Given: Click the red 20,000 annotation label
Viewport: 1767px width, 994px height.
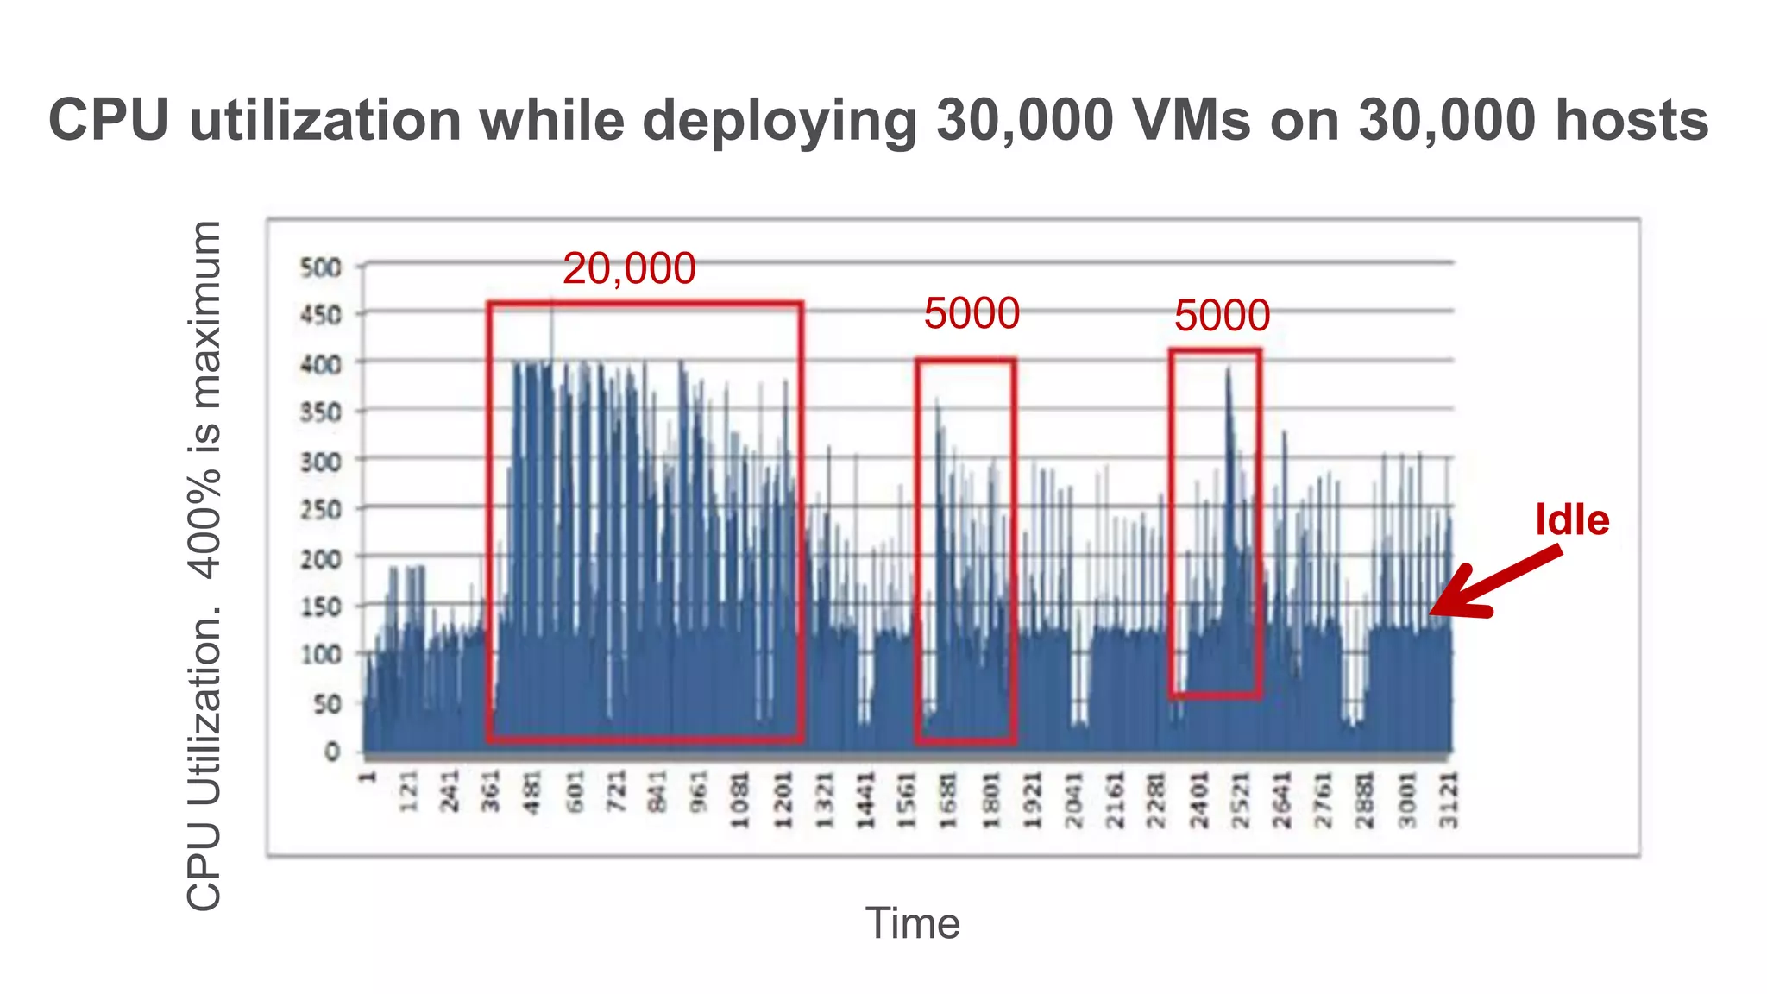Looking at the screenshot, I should click(629, 268).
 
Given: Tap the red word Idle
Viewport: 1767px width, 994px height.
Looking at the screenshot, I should click(1572, 519).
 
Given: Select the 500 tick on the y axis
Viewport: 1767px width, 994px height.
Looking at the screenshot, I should click(320, 267).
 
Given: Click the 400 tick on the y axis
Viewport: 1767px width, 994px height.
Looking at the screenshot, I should click(320, 364).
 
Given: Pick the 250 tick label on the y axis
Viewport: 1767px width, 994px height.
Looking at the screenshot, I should click(320, 509).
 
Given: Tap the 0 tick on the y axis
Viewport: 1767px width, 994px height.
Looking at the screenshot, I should click(332, 752).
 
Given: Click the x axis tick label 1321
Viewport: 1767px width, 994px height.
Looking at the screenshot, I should click(825, 800).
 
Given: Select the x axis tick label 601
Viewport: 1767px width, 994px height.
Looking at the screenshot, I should click(575, 792).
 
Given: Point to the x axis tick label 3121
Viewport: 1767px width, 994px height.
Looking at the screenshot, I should click(1449, 800).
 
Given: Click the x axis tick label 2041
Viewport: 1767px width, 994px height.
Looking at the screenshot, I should click(1073, 800).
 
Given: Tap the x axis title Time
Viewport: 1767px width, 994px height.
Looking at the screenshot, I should click(912, 923).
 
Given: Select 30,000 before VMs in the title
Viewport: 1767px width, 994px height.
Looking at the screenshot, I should click(1025, 120).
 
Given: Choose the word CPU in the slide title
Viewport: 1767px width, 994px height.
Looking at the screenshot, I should click(109, 120).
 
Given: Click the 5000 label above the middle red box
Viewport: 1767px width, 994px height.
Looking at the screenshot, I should click(972, 313).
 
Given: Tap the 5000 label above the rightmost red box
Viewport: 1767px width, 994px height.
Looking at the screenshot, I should click(1222, 316).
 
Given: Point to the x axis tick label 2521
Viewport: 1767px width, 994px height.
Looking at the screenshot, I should click(1240, 800).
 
